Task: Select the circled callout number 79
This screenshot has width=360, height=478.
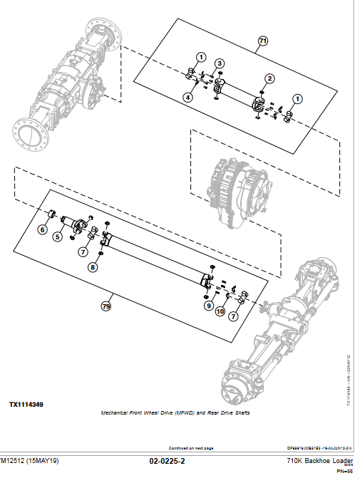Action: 106,307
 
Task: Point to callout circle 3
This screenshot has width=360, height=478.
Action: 220,64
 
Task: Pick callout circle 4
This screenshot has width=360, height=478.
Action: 187,97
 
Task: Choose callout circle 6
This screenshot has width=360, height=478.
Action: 42,229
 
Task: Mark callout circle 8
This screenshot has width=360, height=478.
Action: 91,268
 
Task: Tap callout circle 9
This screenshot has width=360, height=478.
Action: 209,306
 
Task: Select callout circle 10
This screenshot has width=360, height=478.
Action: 220,311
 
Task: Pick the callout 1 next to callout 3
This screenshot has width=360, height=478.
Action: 201,57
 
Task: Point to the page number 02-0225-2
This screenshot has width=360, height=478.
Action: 167,462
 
